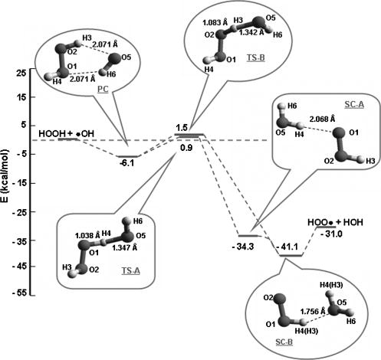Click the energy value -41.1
pos(289,249)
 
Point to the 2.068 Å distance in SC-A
pos(310,119)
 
